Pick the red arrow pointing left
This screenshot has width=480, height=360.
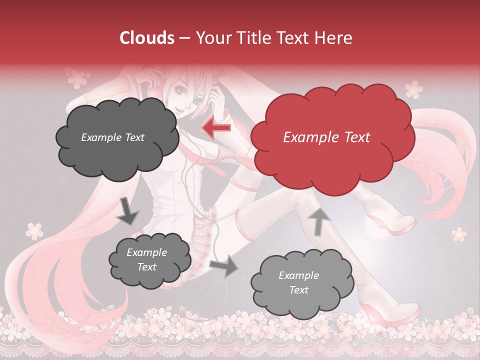[x=216, y=127]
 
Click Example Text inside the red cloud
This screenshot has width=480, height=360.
[x=326, y=137]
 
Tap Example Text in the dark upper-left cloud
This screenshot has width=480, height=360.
[x=112, y=137]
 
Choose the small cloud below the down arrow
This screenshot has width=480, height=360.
[x=149, y=259]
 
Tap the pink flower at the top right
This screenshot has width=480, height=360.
[x=413, y=89]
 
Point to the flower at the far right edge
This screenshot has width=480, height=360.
[x=458, y=233]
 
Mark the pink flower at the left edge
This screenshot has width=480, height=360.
[x=34, y=230]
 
